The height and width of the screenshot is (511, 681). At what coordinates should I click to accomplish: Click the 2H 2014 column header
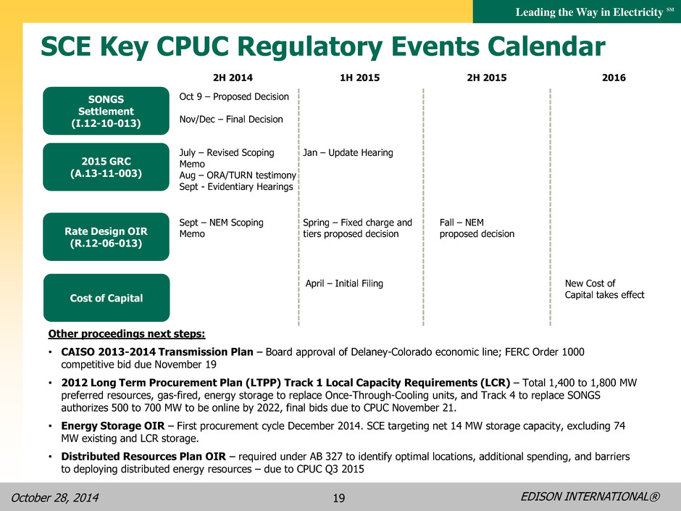click(x=233, y=78)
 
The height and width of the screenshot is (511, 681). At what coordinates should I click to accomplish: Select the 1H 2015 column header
click(x=359, y=78)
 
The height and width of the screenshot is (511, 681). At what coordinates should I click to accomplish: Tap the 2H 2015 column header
click(x=486, y=78)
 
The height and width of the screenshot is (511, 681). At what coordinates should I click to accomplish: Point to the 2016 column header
click(x=614, y=78)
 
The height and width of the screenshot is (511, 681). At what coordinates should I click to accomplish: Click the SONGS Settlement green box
click(x=106, y=111)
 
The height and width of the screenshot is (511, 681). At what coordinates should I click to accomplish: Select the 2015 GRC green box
click(x=106, y=167)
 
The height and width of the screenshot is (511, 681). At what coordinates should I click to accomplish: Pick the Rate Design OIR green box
click(x=106, y=237)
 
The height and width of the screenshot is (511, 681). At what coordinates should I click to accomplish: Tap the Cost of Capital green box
click(x=106, y=298)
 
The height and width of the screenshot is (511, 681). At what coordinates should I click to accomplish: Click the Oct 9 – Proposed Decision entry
click(x=234, y=96)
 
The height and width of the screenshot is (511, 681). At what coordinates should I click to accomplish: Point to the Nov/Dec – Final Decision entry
click(x=231, y=119)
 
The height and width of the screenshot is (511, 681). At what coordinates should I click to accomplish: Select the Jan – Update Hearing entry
click(x=348, y=152)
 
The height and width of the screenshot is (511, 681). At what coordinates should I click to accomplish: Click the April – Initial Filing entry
click(x=344, y=283)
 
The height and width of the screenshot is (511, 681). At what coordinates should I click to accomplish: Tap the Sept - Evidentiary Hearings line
click(x=236, y=186)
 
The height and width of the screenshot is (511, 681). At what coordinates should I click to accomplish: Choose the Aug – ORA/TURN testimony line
click(x=238, y=175)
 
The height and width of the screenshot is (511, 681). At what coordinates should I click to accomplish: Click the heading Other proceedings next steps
click(x=126, y=333)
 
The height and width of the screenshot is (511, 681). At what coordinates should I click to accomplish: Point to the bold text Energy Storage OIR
click(x=113, y=426)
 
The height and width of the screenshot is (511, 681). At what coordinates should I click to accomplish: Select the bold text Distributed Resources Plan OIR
click(x=143, y=457)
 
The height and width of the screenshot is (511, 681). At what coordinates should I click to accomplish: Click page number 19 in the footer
click(x=339, y=497)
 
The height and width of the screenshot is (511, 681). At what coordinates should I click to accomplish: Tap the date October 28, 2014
click(x=55, y=497)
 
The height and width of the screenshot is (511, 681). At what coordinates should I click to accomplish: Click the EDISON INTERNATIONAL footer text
click(x=590, y=497)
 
